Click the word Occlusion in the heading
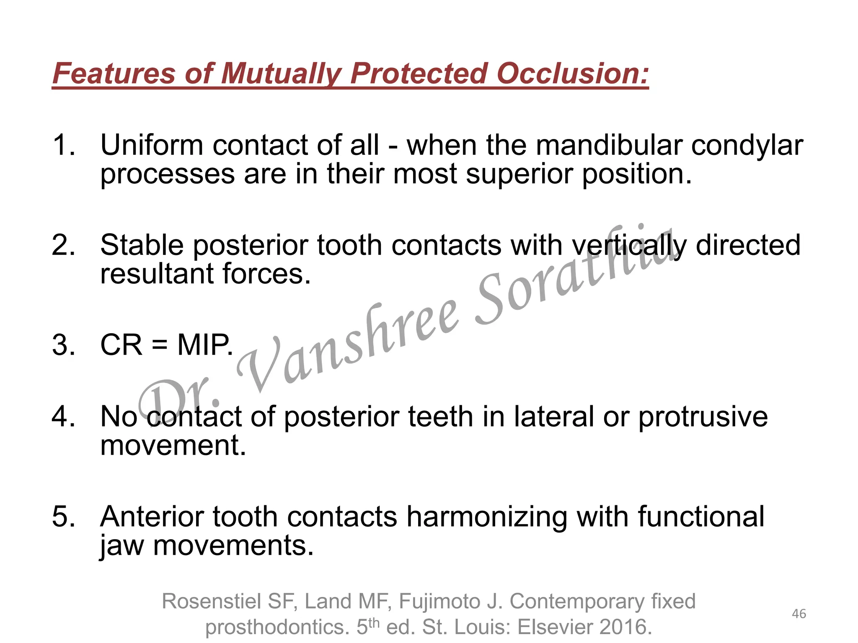pos(573,74)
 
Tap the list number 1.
pos(63,145)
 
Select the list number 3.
pos(63,346)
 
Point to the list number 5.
pos(63,516)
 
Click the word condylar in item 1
pos(747,145)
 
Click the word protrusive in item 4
pos(703,417)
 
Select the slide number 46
pos(799,614)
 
